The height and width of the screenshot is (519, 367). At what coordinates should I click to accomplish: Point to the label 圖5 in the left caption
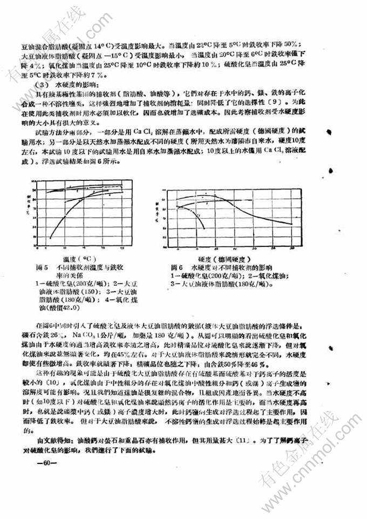(x=41, y=267)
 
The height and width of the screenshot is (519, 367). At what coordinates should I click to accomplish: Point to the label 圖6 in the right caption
(x=176, y=267)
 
